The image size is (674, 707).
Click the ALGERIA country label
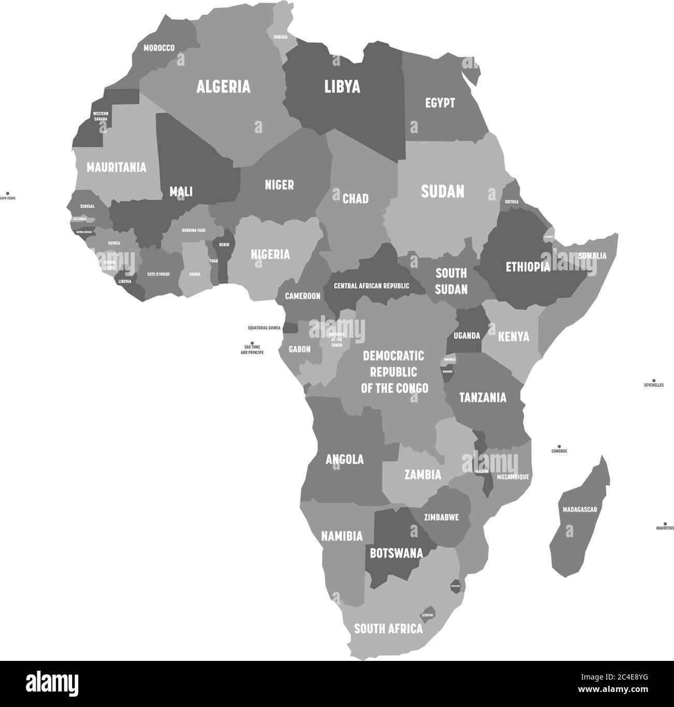pos(223,86)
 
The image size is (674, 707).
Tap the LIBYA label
pos(342,86)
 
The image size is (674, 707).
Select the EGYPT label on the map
pos(440,103)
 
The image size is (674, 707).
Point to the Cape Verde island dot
pos(7,193)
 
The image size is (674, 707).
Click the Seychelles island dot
pos(654,380)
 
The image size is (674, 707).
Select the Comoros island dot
pos(559,446)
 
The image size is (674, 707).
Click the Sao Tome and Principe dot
pos(252,343)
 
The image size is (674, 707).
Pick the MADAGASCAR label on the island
pos(580,510)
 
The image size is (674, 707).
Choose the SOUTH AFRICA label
pos(388,629)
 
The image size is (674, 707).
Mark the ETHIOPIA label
pos(527,267)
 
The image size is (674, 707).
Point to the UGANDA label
pos(467,336)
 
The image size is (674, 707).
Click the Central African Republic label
pos(371,286)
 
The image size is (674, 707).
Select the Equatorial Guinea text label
pos(264,328)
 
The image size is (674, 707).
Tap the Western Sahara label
pos(100,116)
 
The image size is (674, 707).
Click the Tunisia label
pos(280,37)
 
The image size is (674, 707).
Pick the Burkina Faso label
pos(193,230)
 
